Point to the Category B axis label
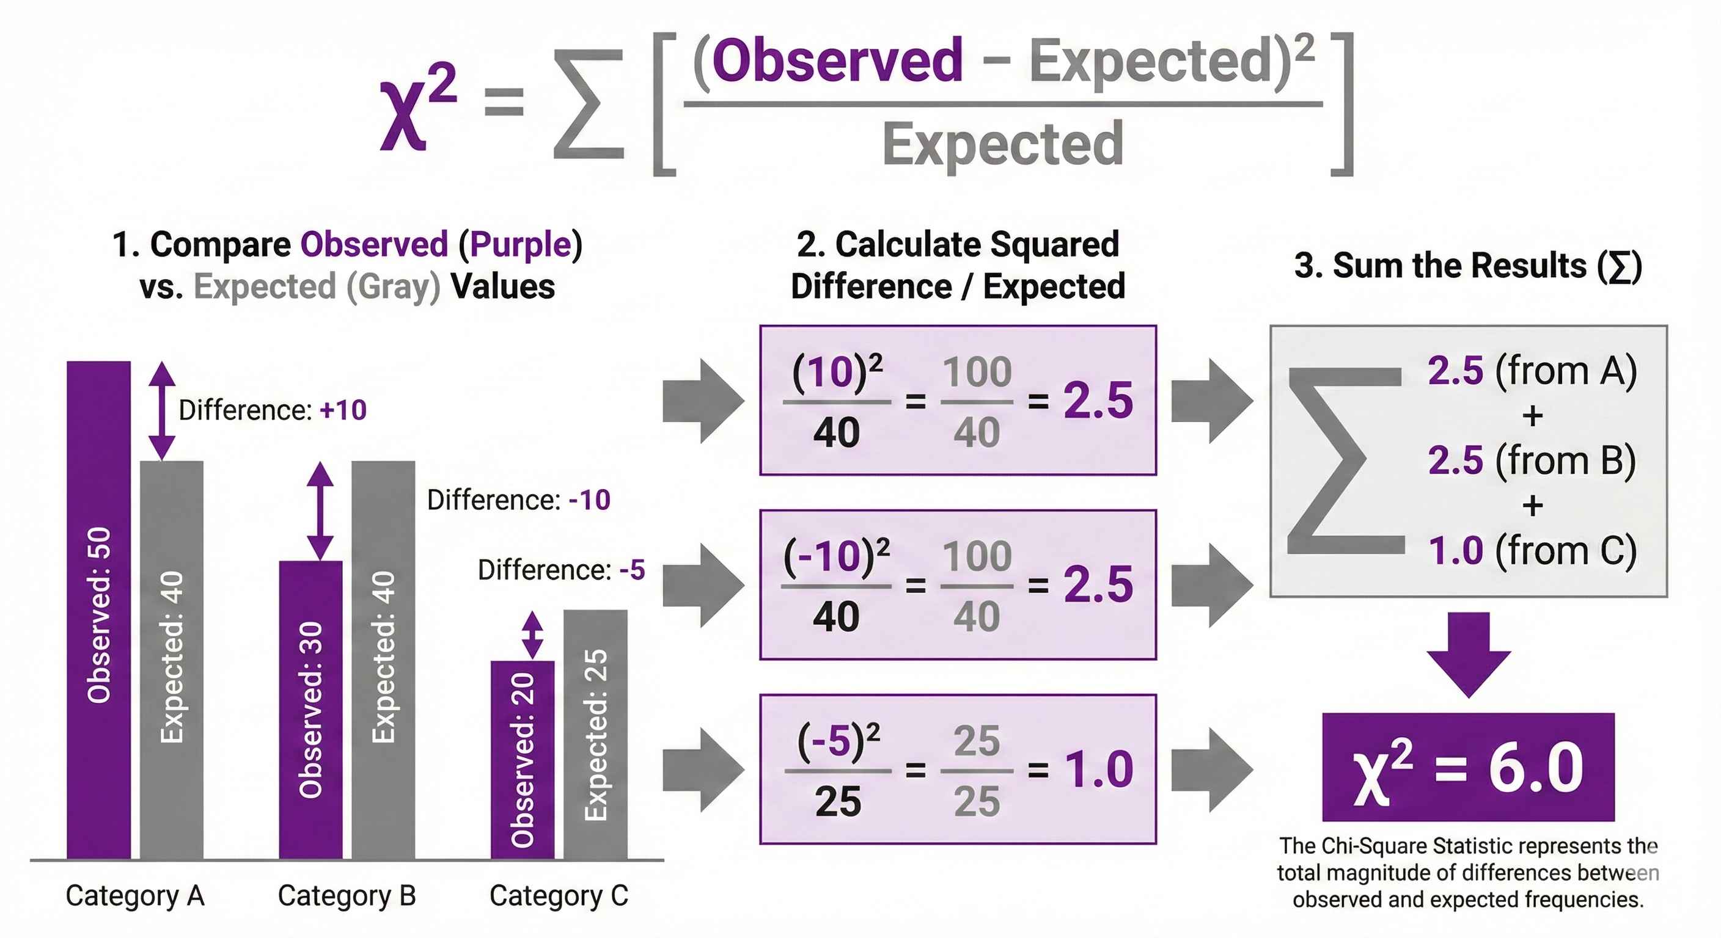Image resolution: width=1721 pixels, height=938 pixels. (x=347, y=895)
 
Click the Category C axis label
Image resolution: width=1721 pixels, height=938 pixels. (x=559, y=895)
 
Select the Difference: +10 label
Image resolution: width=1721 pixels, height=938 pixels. (x=273, y=410)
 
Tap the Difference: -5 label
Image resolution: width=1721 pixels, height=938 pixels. (x=561, y=570)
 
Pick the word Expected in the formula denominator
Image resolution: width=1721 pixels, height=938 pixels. (x=1003, y=144)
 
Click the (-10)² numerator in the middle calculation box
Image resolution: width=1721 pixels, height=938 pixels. (x=836, y=556)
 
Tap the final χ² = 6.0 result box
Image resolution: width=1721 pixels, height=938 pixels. (x=1468, y=767)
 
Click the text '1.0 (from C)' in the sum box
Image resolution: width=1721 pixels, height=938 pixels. (x=1532, y=551)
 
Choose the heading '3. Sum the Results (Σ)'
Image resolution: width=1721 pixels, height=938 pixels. (x=1468, y=266)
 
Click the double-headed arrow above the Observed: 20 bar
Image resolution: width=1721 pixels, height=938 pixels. (x=532, y=635)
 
